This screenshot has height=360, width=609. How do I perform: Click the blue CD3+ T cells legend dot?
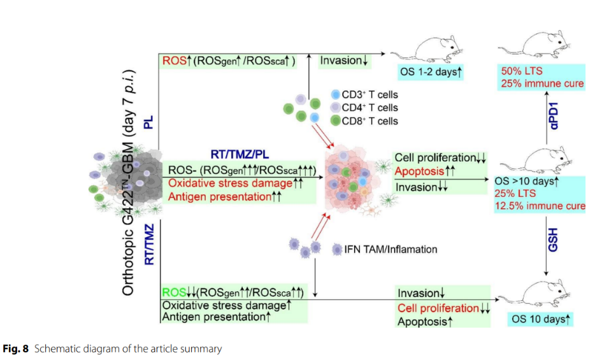[336, 94]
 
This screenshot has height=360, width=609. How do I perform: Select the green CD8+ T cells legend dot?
[336, 121]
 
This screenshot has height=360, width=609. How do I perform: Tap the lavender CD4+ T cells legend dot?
[336, 108]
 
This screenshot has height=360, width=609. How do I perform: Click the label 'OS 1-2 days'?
[430, 73]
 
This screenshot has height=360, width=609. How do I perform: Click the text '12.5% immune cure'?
[540, 206]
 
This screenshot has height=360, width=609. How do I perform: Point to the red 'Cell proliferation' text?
[437, 308]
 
